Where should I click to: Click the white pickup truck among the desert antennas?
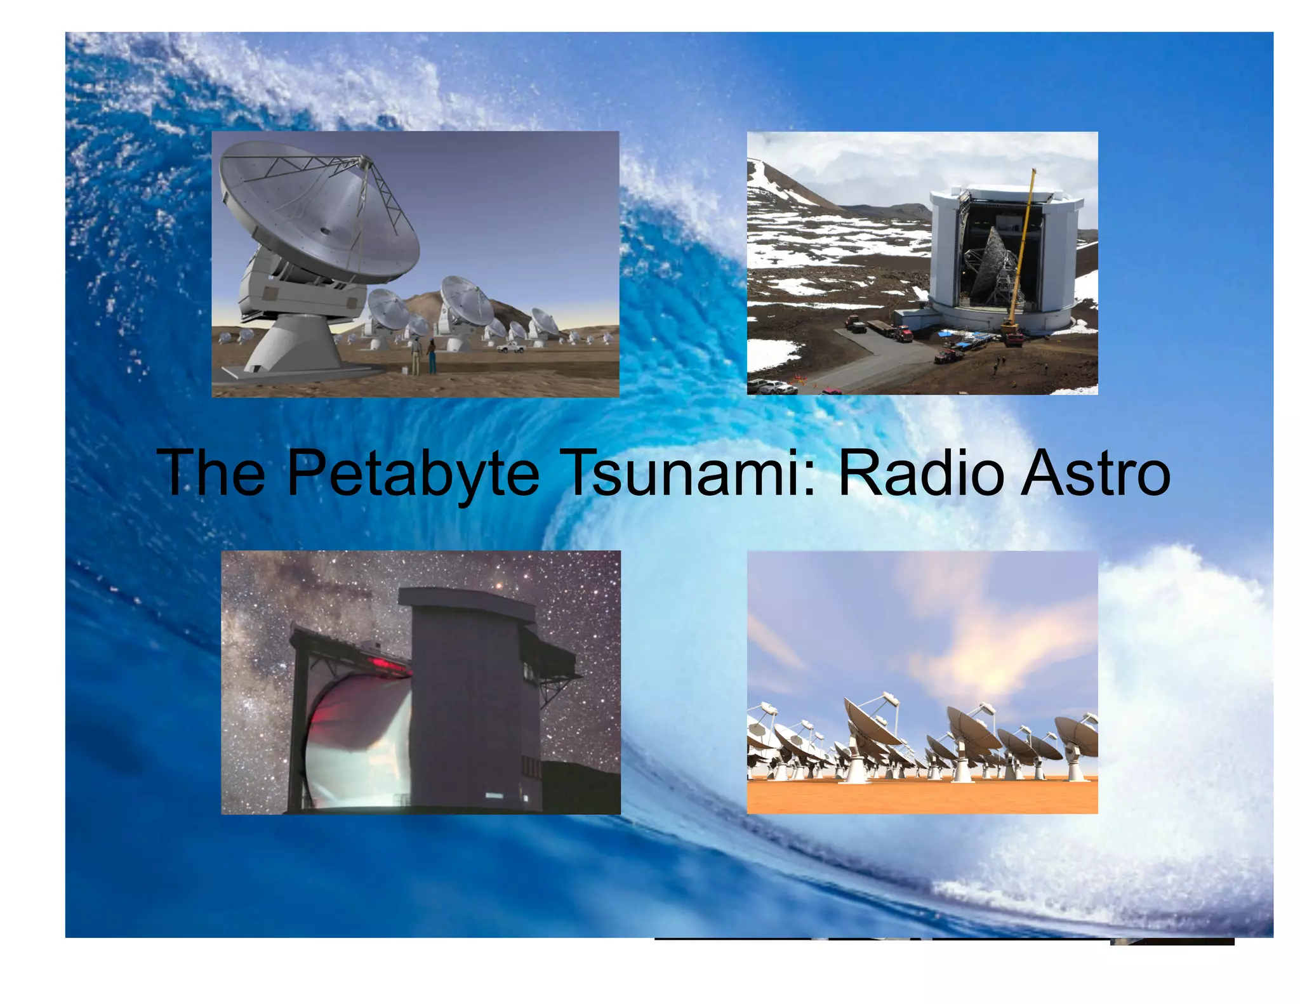pos(511,347)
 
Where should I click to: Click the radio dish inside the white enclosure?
pos(990,267)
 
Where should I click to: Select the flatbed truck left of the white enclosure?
pos(885,329)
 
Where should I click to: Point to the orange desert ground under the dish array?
pos(920,796)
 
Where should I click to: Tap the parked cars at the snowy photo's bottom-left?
pos(771,385)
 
